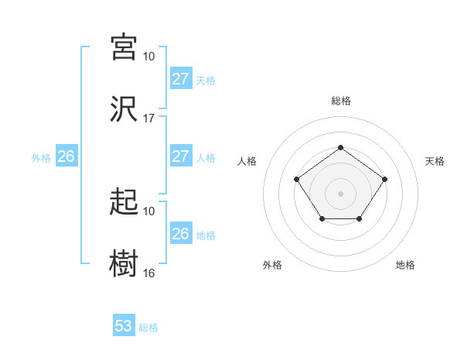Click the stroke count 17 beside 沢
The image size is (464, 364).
click(x=149, y=118)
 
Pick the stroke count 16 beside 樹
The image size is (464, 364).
click(x=149, y=273)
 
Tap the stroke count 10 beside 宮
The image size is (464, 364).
click(x=149, y=57)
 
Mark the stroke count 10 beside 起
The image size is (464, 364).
click(x=149, y=211)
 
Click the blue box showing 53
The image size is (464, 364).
click(x=124, y=326)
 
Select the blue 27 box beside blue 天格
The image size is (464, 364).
click(x=180, y=79)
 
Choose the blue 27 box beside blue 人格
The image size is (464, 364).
click(x=180, y=156)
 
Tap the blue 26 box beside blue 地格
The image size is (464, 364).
click(x=180, y=234)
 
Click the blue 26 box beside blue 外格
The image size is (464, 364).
click(x=66, y=156)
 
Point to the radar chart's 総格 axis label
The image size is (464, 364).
click(x=340, y=101)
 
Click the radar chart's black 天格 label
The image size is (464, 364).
click(x=435, y=161)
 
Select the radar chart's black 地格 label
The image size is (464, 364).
click(x=405, y=266)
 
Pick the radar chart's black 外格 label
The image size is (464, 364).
click(x=272, y=266)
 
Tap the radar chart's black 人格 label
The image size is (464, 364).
click(x=247, y=161)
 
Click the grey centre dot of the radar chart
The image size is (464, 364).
click(x=340, y=192)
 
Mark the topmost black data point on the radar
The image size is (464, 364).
click(x=340, y=147)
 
